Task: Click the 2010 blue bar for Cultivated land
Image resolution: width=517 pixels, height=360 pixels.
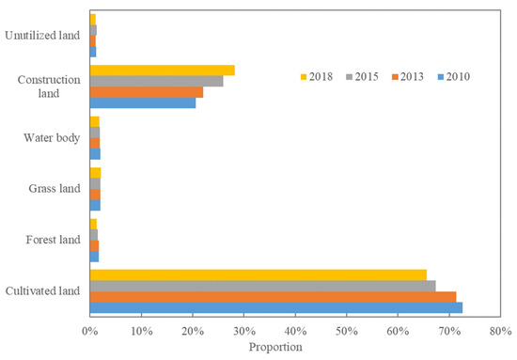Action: tap(275, 307)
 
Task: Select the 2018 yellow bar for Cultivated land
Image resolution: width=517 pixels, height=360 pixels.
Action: tap(258, 274)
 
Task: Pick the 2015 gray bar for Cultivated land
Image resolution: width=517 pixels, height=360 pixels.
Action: tap(262, 286)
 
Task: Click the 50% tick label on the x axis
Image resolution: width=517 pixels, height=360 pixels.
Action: tap(347, 332)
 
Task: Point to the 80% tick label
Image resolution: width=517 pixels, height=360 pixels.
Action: tap(500, 332)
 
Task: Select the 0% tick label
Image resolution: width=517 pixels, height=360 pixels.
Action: tap(90, 332)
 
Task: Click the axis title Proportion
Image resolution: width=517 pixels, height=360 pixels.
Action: tap(275, 347)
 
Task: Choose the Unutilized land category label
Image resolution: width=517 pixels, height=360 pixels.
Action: tap(42, 36)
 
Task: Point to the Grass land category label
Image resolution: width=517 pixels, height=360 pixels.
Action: tap(54, 190)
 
